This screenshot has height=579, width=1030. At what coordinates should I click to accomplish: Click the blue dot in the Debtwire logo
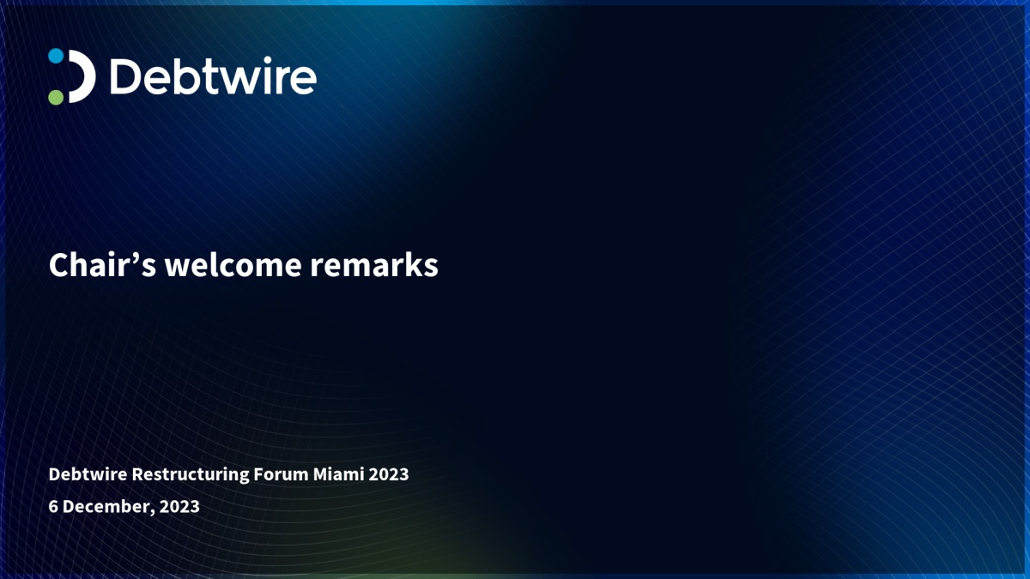coord(56,56)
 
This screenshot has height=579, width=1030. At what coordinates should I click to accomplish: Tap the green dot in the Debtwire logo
coord(56,97)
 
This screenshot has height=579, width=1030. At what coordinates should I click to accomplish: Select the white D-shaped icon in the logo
coord(82,76)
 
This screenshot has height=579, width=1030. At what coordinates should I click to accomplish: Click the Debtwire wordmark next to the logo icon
coord(214,76)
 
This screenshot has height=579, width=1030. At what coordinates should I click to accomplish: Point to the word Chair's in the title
coord(102,265)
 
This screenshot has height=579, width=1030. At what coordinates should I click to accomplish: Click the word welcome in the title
coord(233,265)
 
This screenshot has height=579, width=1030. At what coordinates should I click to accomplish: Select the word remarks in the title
coord(374,265)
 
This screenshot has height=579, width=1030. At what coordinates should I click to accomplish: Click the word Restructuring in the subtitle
coord(191,474)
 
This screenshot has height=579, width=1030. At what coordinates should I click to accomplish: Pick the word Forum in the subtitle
coord(281,474)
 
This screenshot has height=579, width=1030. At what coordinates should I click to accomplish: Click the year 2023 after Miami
coord(389,474)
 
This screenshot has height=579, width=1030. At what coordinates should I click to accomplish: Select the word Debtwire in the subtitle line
coord(88,474)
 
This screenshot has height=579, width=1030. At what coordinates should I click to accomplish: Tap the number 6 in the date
coord(53,506)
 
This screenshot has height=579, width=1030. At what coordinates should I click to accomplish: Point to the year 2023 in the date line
coord(179,506)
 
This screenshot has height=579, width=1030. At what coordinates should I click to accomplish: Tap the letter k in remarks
coord(412,264)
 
